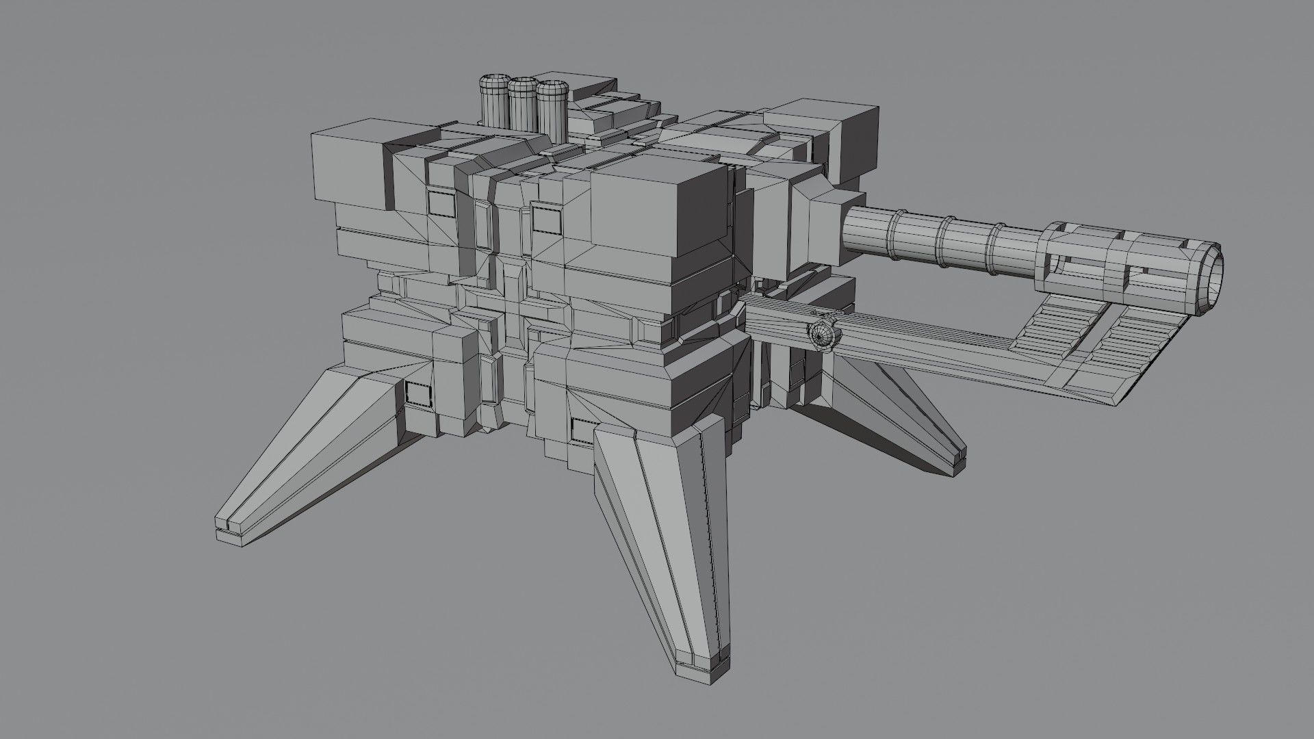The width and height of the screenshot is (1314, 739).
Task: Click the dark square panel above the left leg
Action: pos(416,393)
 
